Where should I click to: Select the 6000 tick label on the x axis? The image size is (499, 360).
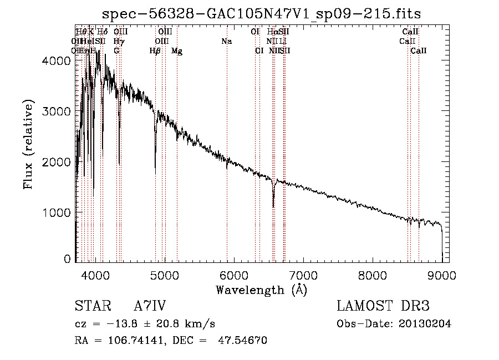tap(234, 275)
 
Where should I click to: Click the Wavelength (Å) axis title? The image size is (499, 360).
tap(261, 290)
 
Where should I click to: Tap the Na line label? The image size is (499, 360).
tap(226, 42)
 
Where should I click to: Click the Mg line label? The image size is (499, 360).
tap(176, 51)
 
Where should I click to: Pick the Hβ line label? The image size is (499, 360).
tap(155, 51)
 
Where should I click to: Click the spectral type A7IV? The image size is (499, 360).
tap(150, 307)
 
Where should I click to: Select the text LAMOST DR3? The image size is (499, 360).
tap(383, 307)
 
